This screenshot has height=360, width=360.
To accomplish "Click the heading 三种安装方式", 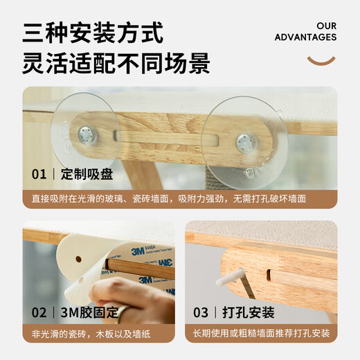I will [93, 32].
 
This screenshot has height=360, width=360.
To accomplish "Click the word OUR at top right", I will [326, 26].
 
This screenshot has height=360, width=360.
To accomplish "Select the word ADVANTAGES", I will [305, 37].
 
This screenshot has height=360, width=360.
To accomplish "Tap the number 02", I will [39, 312].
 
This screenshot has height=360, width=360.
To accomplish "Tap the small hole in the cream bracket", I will [78, 259].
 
